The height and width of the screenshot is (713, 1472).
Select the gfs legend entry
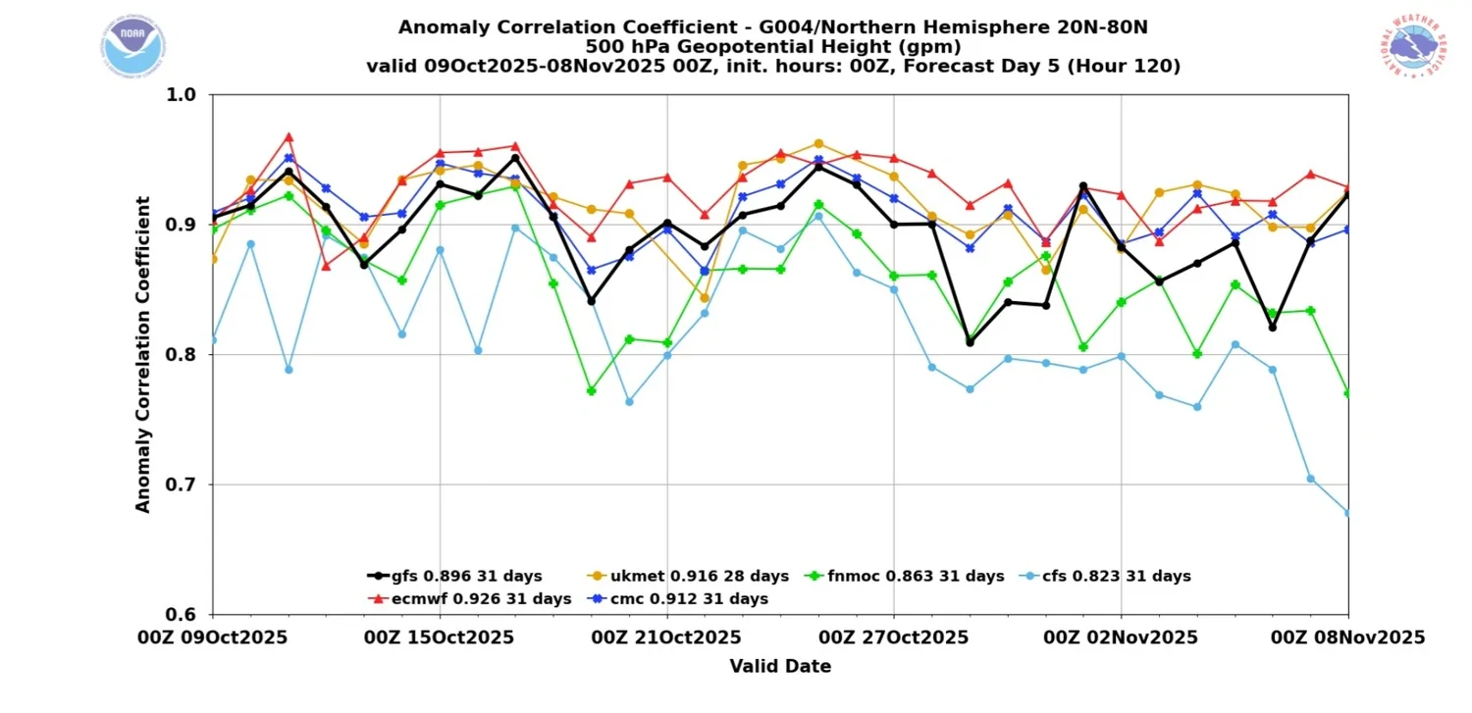click(454, 577)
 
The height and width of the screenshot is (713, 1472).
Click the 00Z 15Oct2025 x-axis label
click(439, 637)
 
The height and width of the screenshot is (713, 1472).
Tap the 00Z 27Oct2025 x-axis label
click(893, 637)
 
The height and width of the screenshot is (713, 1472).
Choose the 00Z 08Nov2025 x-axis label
click(1347, 637)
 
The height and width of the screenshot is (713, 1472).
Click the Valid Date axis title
click(780, 667)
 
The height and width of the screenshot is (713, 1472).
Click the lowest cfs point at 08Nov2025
click(1347, 513)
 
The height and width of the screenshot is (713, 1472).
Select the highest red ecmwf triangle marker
click(289, 137)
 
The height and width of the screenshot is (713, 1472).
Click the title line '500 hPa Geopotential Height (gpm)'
click(773, 47)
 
